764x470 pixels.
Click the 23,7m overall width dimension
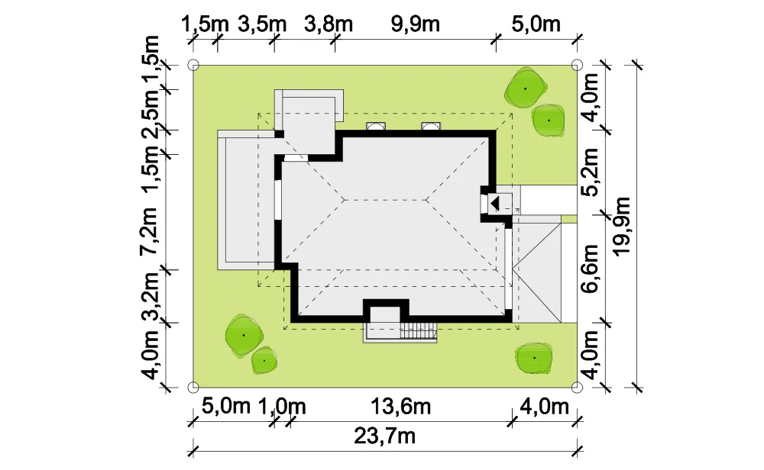[x=385, y=436]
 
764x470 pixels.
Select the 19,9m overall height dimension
[x=622, y=226]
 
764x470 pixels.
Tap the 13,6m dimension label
[x=400, y=406]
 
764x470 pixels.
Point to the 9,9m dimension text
[x=416, y=24]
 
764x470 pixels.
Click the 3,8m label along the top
[x=329, y=24]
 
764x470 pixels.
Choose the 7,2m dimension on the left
[x=149, y=231]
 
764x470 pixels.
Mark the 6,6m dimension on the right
[x=590, y=269]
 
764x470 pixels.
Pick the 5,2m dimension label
[x=590, y=172]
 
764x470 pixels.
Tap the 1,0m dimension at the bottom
[x=282, y=406]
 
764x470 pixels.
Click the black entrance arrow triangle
[x=494, y=203]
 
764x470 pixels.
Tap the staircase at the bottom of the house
[x=418, y=331]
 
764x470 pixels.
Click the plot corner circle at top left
[x=193, y=65]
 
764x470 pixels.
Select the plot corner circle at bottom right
[x=577, y=388]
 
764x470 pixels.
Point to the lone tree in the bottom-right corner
[x=534, y=358]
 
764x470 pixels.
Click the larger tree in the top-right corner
[x=526, y=88]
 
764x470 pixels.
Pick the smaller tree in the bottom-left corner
[x=264, y=361]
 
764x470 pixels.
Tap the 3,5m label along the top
[x=262, y=24]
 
